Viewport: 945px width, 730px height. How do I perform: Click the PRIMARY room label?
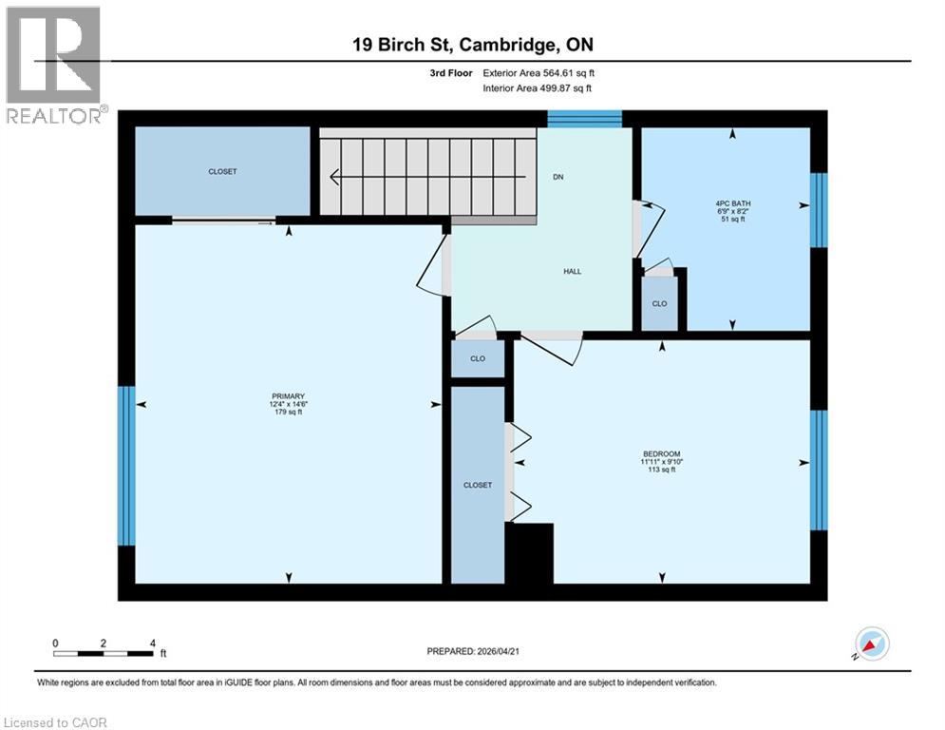(288, 396)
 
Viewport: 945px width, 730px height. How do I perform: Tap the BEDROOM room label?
(661, 453)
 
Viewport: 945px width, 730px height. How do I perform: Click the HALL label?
(572, 272)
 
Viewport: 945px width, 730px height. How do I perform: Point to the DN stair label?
(558, 177)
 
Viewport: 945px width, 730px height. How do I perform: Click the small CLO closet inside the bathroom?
(659, 304)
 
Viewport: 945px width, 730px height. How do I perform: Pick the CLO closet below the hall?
(478, 359)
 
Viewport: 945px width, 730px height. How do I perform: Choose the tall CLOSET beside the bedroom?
(477, 485)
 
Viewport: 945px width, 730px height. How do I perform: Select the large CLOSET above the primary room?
(222, 172)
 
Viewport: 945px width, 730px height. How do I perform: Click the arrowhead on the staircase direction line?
(334, 176)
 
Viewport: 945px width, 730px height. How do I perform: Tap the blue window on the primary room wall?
(126, 466)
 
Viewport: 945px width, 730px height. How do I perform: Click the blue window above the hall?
(584, 118)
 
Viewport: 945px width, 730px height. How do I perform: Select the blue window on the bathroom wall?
(819, 209)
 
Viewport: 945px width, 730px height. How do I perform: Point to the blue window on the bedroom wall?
(819, 470)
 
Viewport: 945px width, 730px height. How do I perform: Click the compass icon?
(871, 644)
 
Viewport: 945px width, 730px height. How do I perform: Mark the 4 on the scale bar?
(152, 643)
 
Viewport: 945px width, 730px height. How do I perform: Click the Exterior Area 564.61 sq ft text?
(539, 72)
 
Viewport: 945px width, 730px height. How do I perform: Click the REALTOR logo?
(54, 65)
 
